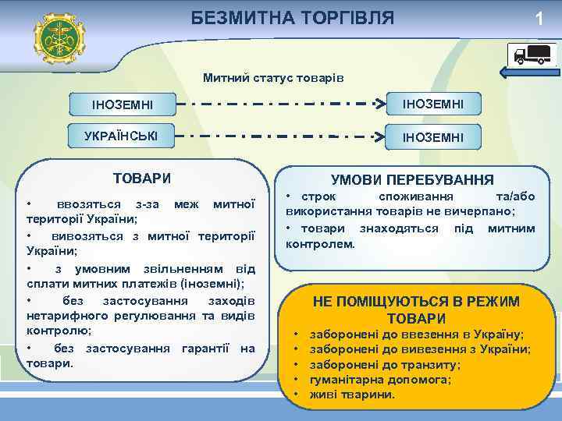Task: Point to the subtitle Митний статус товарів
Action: coord(272,78)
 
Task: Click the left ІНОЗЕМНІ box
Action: coord(123,104)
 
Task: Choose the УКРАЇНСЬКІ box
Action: coord(121,136)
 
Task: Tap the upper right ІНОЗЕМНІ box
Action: coord(432,103)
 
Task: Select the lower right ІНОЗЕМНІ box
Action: coord(432,137)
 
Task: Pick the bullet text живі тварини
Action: coord(352,394)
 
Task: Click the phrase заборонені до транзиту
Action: coord(385,364)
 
